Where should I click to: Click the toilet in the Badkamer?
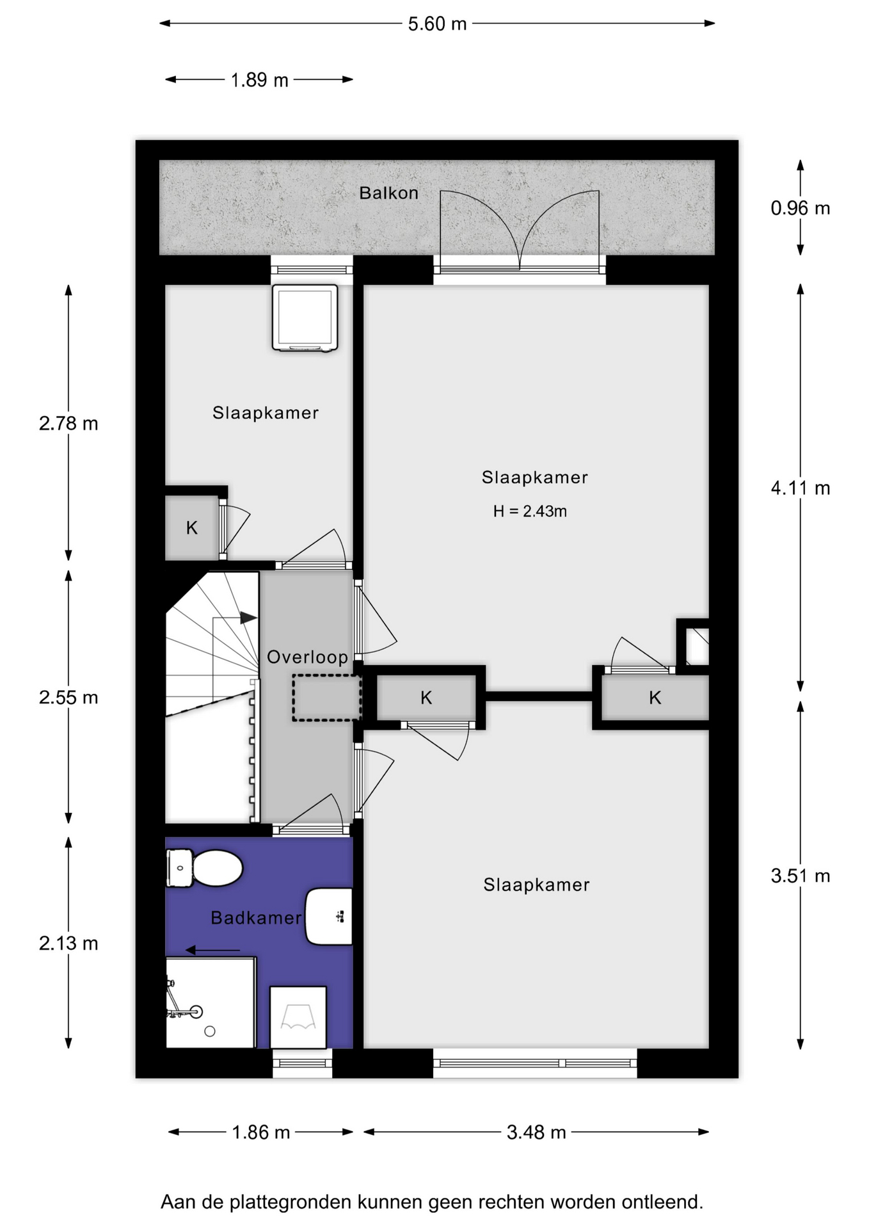point(204,868)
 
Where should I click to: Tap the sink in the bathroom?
point(329,917)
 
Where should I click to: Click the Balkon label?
point(388,193)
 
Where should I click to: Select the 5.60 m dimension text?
point(438,24)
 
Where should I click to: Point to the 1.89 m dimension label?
point(259,80)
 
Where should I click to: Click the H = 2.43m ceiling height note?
point(530,511)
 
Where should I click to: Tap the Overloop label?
point(307,657)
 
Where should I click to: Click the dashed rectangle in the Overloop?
point(327,698)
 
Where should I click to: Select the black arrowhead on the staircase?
point(248,618)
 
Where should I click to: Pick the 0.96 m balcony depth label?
point(801,208)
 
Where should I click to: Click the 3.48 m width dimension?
point(536,1132)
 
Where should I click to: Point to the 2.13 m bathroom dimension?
point(68,943)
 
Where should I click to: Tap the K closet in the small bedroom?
point(192,528)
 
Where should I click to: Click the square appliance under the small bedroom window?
point(305,317)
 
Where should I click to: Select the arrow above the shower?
point(213,951)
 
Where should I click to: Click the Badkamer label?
point(256,918)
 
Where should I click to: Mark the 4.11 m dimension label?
point(801,488)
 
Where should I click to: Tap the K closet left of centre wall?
point(426,698)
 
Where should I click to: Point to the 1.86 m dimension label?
point(261,1132)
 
